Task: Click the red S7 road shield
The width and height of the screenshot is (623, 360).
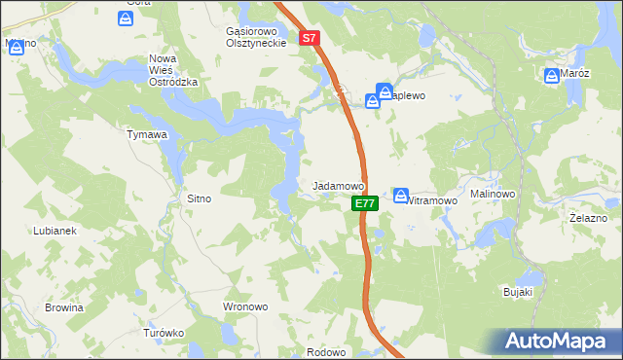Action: (310, 39)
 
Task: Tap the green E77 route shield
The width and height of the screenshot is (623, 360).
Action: (364, 203)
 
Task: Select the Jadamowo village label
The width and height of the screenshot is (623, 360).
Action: (338, 185)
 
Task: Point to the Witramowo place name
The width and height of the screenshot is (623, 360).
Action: (431, 200)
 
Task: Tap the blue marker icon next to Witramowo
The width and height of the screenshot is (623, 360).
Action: (401, 196)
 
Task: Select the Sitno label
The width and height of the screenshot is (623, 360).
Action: (199, 198)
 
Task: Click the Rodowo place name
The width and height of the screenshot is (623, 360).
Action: (326, 352)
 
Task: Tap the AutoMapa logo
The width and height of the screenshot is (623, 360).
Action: (561, 341)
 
